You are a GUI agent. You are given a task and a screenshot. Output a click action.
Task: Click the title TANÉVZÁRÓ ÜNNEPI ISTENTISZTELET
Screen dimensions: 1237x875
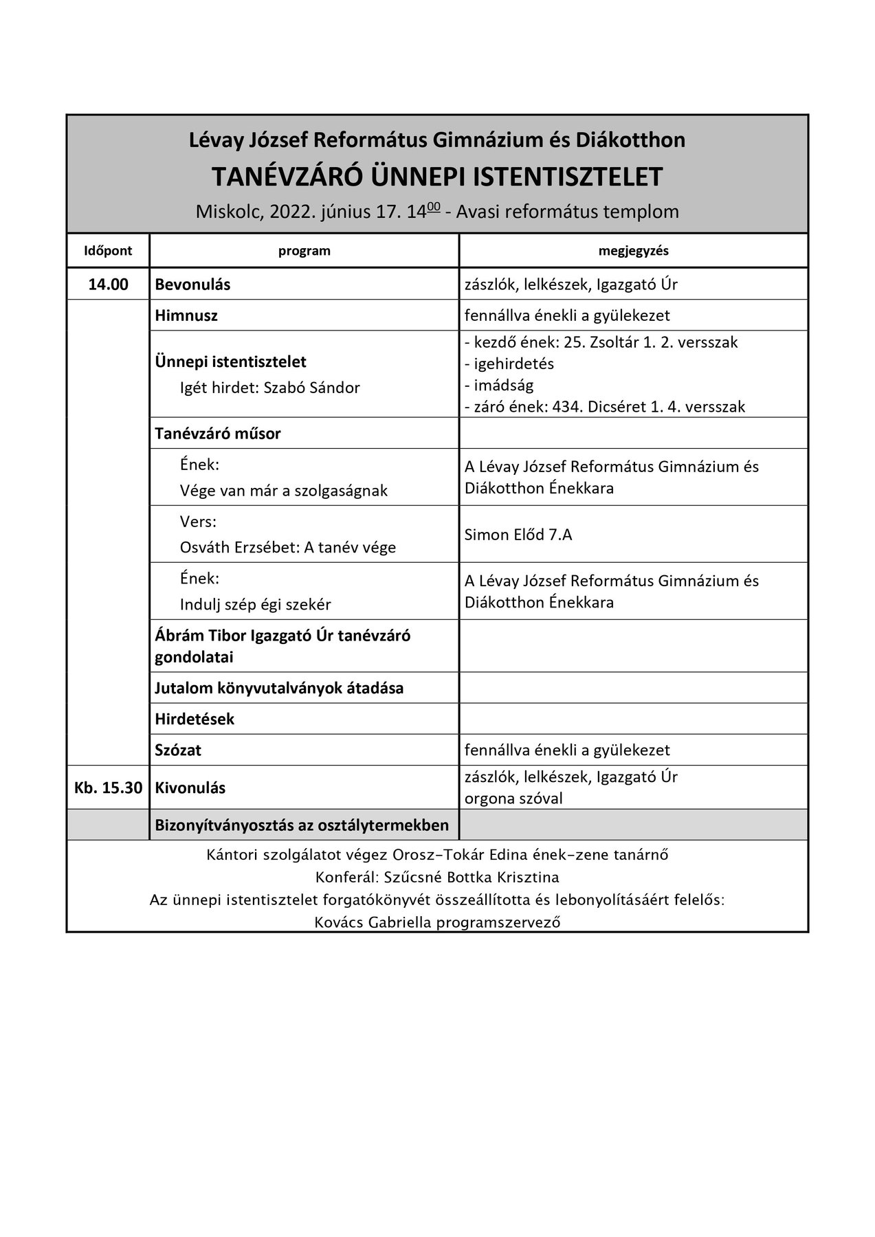pos(436,177)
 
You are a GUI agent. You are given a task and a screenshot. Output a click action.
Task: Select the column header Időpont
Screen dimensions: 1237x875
pos(108,251)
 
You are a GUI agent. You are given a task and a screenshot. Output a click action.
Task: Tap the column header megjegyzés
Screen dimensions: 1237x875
pos(633,251)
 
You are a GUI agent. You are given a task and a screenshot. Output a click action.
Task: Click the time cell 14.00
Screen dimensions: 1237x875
pos(108,285)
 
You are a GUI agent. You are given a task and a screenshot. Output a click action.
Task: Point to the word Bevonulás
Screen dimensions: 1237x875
pos(192,285)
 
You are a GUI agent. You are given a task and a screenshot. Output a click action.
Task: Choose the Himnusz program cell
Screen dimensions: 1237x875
pos(186,315)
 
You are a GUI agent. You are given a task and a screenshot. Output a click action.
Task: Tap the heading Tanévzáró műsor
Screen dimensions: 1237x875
pos(218,434)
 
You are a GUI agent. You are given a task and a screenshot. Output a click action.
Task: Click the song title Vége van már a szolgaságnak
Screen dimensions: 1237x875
pos(283,491)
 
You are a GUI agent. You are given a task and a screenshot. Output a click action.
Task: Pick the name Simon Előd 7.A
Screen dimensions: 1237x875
pos(518,535)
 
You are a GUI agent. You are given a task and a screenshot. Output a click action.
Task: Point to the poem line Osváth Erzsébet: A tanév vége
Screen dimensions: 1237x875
pos(287,548)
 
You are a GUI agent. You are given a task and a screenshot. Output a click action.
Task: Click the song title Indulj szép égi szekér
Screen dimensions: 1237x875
pos(255,605)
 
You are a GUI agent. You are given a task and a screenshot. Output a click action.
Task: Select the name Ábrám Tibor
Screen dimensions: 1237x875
pos(195,635)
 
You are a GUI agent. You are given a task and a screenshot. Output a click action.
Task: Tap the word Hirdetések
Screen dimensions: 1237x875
pos(195,719)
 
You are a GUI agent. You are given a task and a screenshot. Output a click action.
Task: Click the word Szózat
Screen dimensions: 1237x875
pos(178,750)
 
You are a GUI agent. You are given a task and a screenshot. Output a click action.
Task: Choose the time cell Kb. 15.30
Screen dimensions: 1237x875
pos(108,788)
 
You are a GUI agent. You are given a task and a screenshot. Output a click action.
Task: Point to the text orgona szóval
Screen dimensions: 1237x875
pos(513,799)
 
